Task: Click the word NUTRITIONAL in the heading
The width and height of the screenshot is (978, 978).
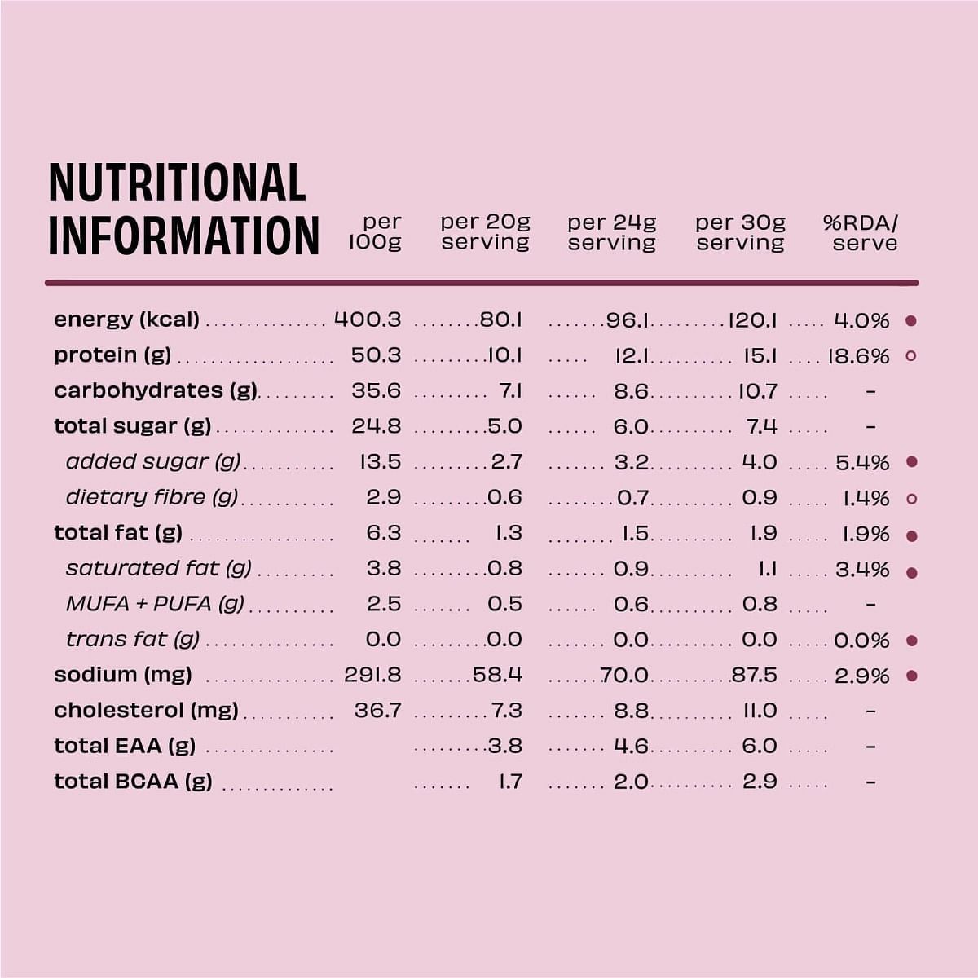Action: point(177,183)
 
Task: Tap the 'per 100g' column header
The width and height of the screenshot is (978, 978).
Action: point(377,232)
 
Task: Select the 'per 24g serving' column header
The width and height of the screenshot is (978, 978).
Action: point(612,232)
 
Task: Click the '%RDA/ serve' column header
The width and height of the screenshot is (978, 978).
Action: point(861,232)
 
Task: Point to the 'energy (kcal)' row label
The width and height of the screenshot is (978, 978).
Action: point(126,319)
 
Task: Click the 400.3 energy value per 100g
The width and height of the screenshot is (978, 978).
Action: point(368,319)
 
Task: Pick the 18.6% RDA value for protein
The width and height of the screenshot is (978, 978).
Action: point(859,356)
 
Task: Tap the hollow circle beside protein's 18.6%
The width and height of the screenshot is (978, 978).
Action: point(911,356)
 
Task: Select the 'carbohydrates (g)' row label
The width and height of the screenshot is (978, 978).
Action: point(155,390)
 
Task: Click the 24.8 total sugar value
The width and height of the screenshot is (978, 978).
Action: point(376,426)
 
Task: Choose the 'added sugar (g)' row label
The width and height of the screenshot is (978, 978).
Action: point(153,462)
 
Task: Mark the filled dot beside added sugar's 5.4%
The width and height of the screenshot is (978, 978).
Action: point(912,462)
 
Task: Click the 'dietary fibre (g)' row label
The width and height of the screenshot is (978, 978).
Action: point(152,497)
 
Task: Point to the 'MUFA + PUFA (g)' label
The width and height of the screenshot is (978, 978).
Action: point(155,604)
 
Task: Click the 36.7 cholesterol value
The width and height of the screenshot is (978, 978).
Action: point(377,711)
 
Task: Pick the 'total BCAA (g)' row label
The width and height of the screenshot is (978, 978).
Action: point(133,782)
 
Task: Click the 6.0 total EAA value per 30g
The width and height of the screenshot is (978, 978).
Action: point(760,746)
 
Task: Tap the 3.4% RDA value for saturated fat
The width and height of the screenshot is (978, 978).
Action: point(862,569)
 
